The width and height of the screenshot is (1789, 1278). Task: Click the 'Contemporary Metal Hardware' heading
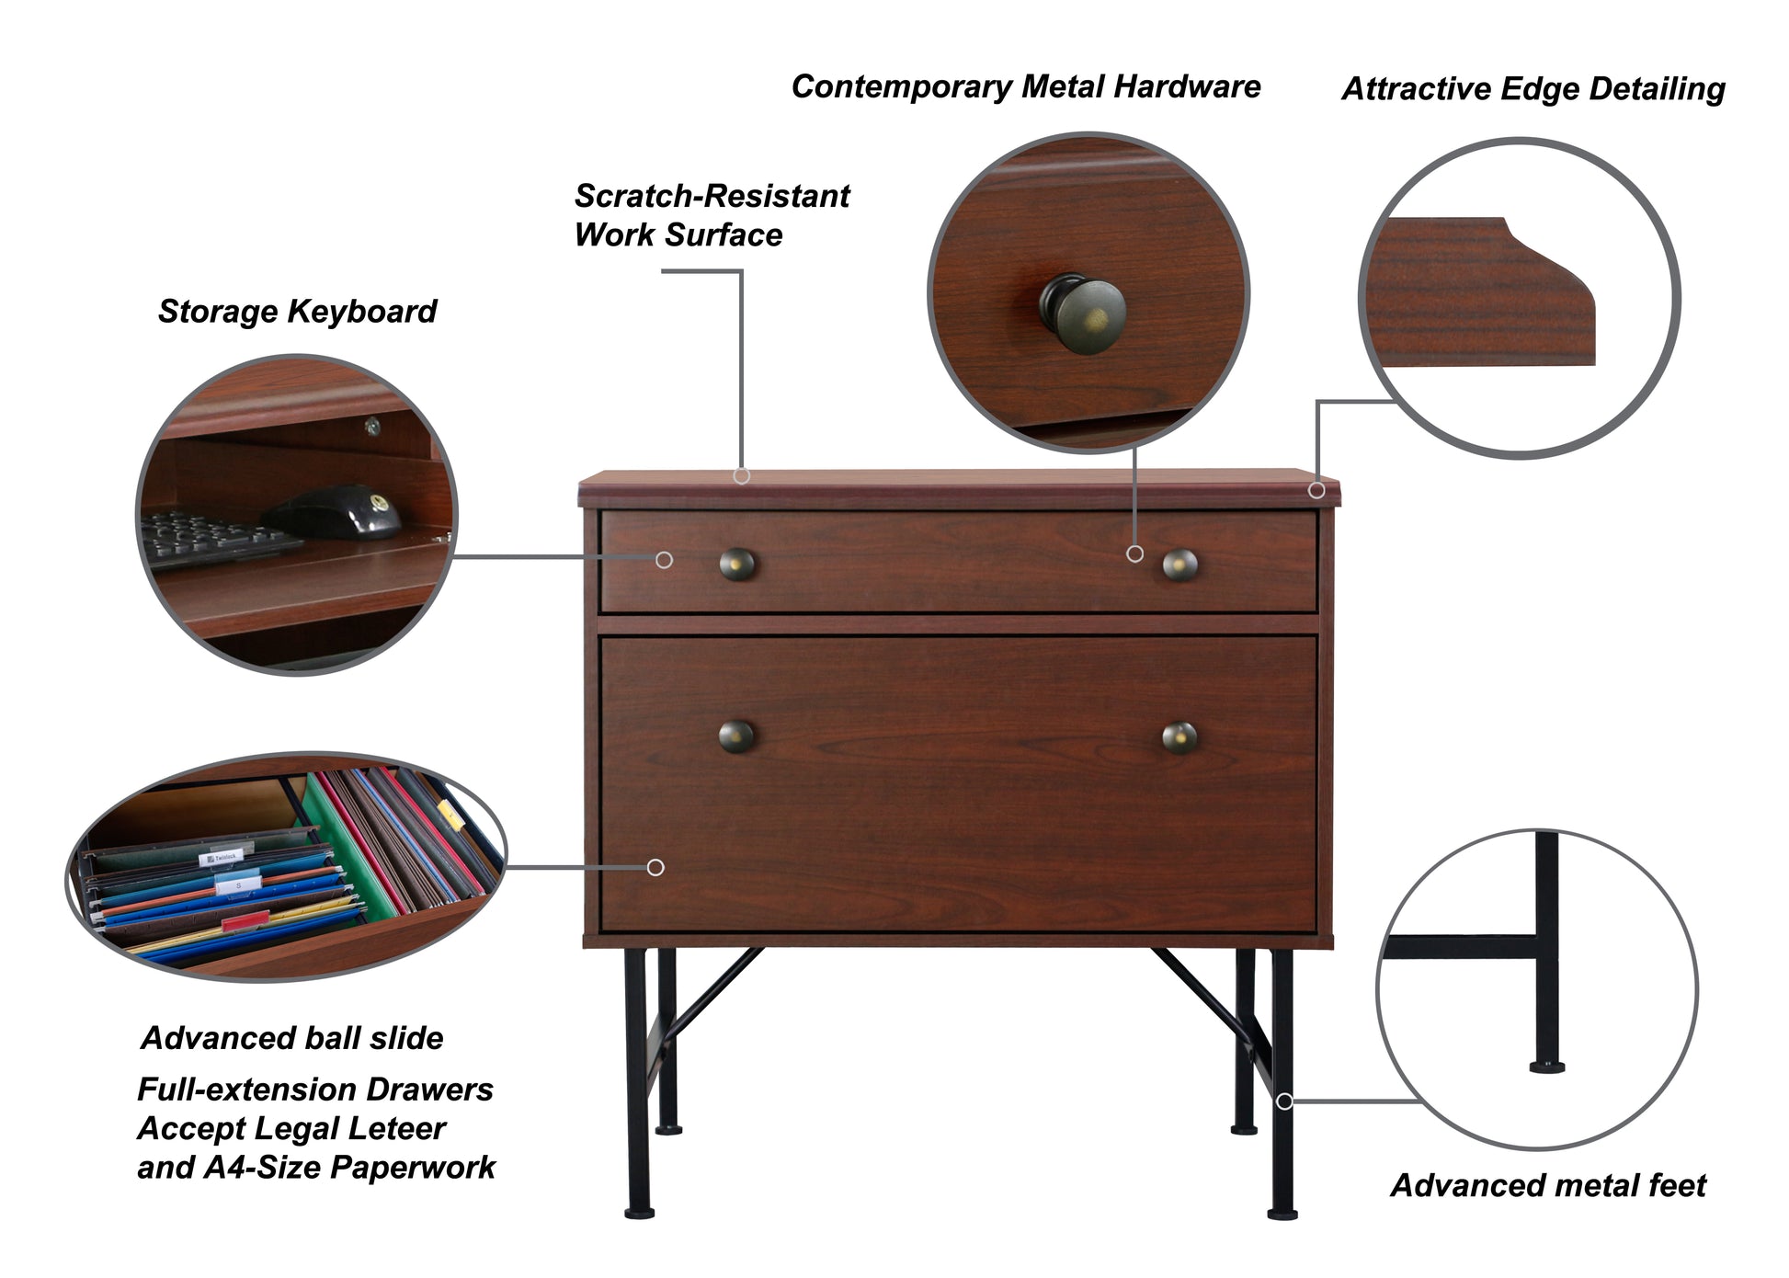click(x=1025, y=87)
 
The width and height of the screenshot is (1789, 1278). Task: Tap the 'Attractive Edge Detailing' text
click(x=1533, y=89)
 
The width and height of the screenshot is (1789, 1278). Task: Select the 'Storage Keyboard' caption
click(x=297, y=312)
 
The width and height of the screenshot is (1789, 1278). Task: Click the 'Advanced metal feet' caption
click(x=1547, y=1185)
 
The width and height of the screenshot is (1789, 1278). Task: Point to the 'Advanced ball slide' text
click(x=292, y=1038)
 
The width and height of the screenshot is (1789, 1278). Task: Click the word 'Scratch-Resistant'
click(x=712, y=196)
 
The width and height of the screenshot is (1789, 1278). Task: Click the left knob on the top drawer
click(x=736, y=564)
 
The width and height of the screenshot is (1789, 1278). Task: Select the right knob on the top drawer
click(x=1179, y=565)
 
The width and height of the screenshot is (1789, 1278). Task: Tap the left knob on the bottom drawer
click(x=736, y=736)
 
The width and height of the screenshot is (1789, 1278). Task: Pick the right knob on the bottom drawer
click(x=1179, y=737)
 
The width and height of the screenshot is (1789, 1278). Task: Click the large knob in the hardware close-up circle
click(x=1084, y=314)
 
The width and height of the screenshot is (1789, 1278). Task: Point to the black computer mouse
click(x=336, y=511)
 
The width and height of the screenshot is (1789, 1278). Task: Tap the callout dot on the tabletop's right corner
click(x=1316, y=491)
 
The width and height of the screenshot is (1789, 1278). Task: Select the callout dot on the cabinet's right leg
click(x=1284, y=1101)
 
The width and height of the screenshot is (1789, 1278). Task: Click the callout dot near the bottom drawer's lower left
click(x=655, y=867)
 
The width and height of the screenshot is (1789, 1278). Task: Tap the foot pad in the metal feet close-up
click(x=1546, y=1067)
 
